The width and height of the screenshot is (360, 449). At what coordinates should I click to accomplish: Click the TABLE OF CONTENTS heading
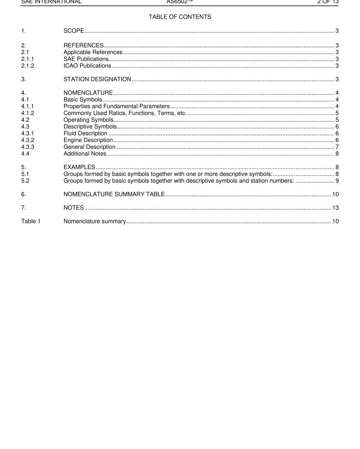[180, 17]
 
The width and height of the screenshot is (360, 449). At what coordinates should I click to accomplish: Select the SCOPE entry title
[74, 31]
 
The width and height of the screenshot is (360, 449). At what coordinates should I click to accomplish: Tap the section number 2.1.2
[28, 66]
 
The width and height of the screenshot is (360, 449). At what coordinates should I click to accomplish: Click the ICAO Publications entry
[87, 66]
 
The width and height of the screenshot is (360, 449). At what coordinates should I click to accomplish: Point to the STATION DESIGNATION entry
[97, 79]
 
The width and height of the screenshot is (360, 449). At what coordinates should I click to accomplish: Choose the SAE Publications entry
[86, 59]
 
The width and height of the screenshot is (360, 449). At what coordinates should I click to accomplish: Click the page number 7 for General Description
[337, 147]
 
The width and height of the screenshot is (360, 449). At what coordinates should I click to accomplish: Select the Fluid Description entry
[85, 133]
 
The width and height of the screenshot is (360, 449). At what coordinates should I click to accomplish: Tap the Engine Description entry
[88, 140]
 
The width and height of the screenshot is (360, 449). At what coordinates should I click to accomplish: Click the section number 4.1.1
[28, 106]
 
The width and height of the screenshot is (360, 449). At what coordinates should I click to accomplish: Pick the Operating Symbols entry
[88, 120]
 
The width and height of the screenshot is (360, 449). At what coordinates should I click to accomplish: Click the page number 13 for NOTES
[335, 208]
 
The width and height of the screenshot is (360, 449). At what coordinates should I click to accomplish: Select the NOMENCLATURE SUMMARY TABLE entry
[114, 194]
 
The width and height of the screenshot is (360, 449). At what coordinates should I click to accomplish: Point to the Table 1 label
[31, 221]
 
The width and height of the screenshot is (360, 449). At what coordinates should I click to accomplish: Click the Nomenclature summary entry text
[94, 221]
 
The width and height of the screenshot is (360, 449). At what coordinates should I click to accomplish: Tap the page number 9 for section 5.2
[337, 181]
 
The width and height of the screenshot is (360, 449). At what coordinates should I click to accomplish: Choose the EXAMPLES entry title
[79, 167]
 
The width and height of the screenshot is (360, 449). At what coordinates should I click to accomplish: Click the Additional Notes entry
[85, 153]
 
